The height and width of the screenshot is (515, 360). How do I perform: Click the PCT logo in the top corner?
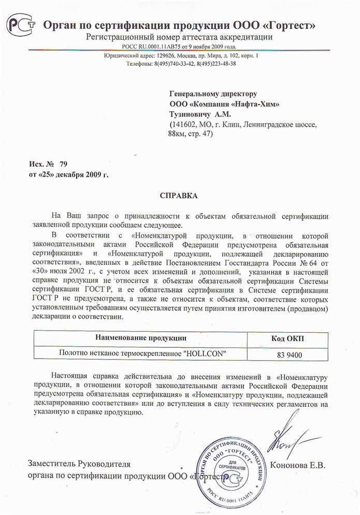[x=21, y=24]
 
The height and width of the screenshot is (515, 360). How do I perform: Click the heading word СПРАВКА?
[x=179, y=196]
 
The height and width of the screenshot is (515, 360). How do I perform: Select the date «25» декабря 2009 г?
[x=69, y=174]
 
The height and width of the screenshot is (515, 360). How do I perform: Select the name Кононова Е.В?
[x=301, y=465]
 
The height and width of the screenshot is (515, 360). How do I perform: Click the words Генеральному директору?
[x=213, y=93]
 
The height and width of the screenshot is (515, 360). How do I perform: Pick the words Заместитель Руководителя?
[x=79, y=464]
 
